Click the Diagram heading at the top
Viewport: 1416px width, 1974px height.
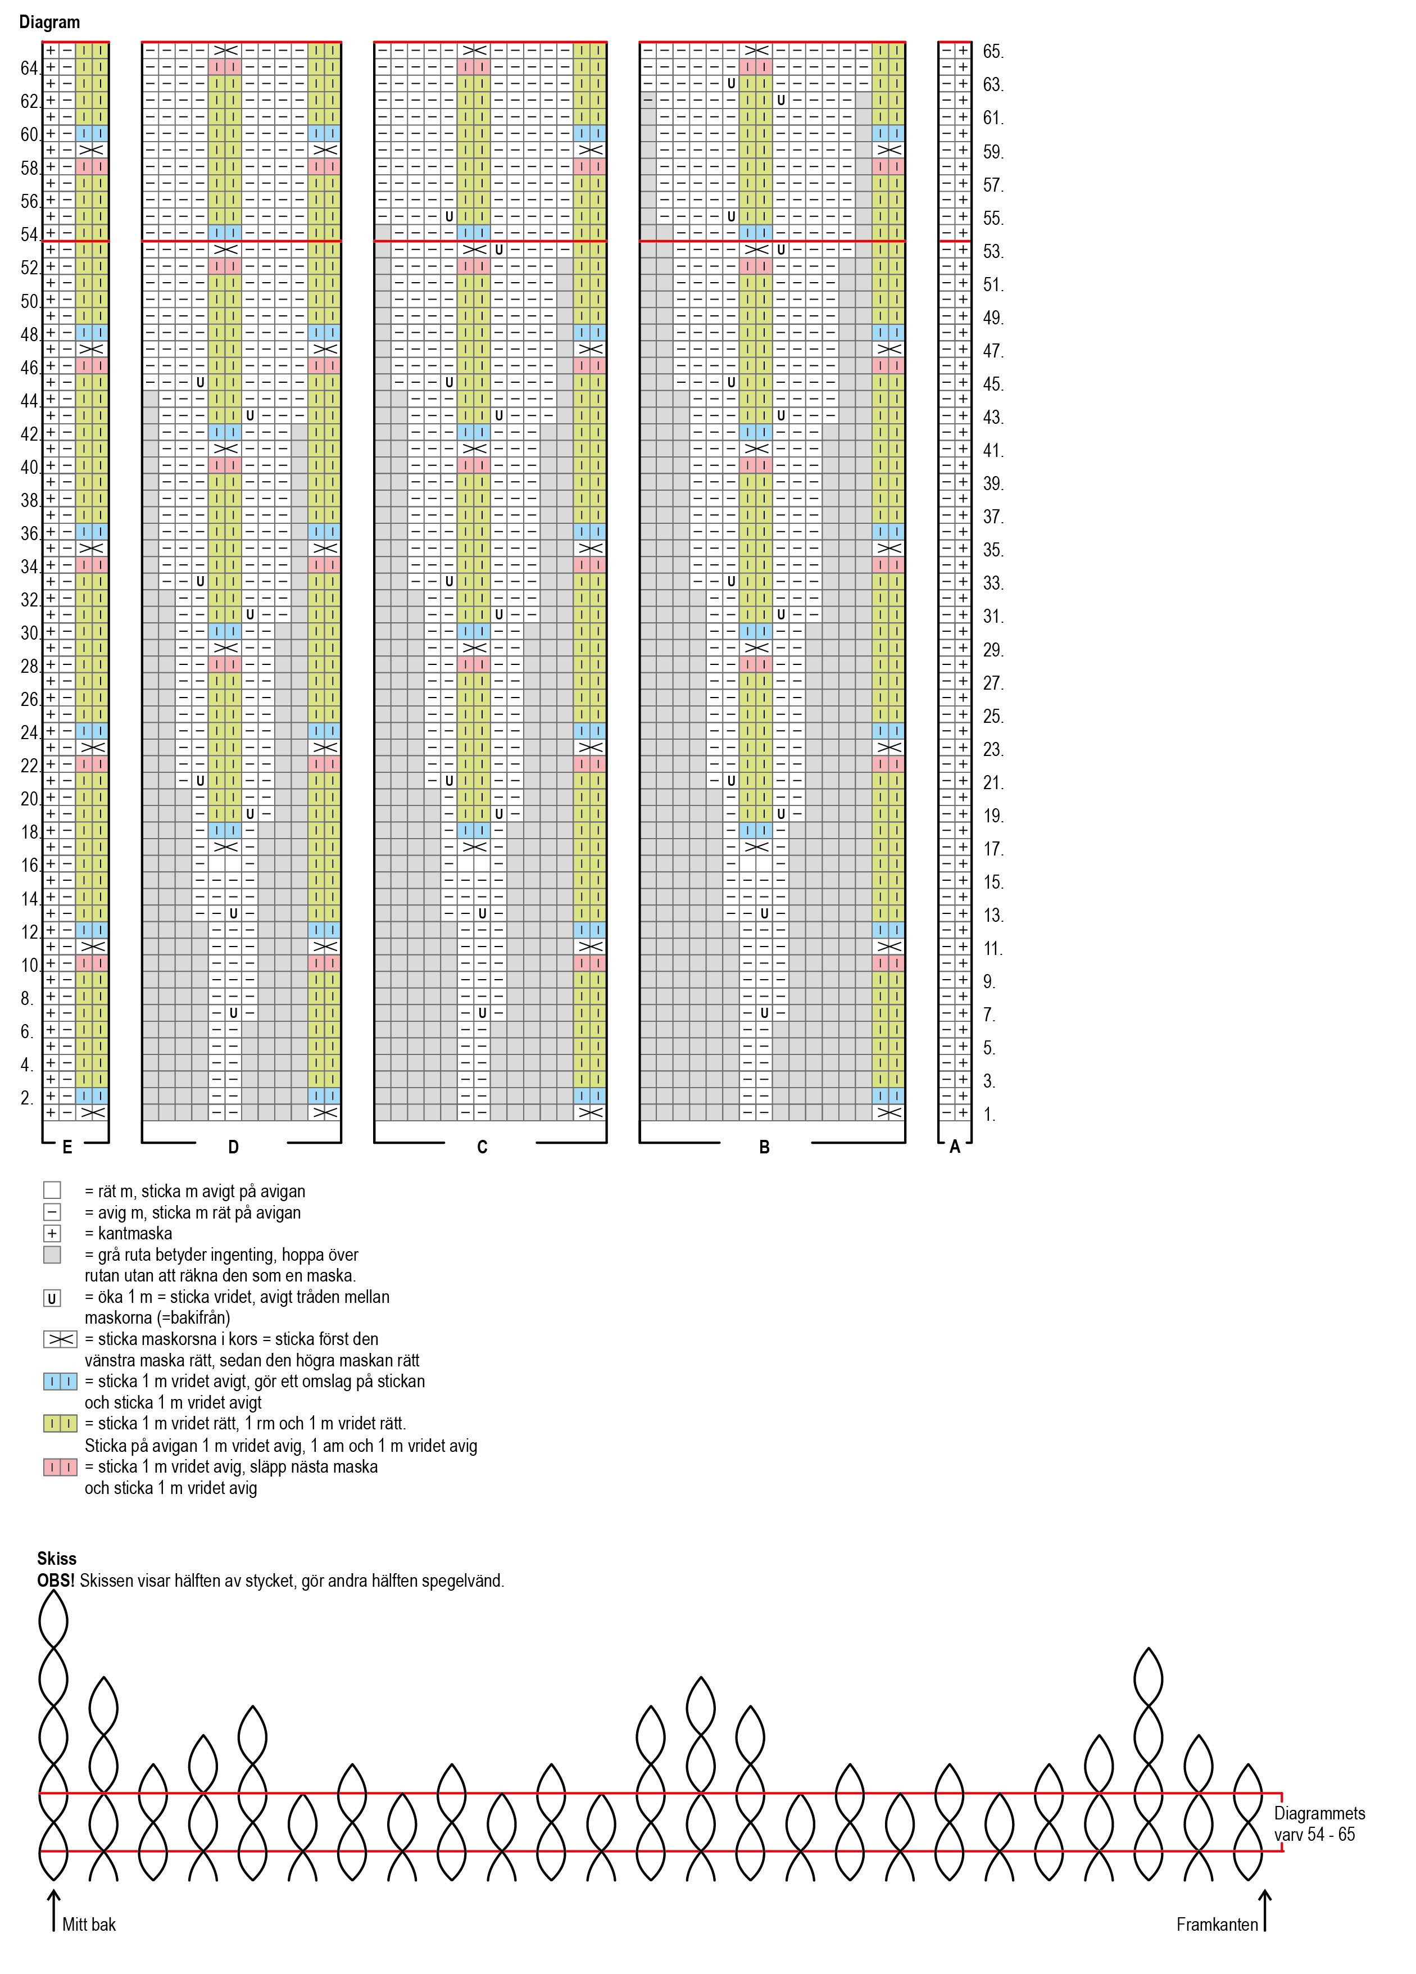tap(49, 22)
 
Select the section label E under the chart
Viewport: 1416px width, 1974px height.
tap(67, 1147)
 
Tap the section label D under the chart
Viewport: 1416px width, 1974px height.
tap(233, 1147)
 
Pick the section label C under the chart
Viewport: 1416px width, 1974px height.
tap(482, 1147)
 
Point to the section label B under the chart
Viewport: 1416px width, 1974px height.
tap(764, 1147)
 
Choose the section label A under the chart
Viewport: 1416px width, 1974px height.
tap(955, 1147)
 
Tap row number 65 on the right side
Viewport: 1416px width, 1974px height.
tap(993, 51)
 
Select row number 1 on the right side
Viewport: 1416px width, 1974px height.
tap(990, 1114)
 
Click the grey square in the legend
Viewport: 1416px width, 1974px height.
tap(52, 1254)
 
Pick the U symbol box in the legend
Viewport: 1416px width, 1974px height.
tap(52, 1298)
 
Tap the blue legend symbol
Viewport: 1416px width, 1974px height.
tap(60, 1381)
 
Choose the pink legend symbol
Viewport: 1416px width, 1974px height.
tap(60, 1466)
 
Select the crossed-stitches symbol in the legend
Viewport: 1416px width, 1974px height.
tap(60, 1339)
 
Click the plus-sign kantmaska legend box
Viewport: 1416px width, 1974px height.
tap(52, 1233)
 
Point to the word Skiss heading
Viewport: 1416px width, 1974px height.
tap(57, 1558)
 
